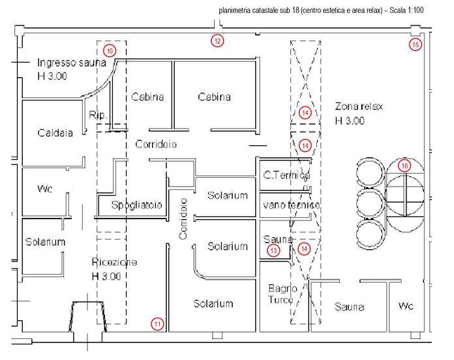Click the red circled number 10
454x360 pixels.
(110, 50)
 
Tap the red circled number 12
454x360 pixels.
(217, 41)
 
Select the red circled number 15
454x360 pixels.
(415, 44)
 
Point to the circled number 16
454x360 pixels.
(405, 166)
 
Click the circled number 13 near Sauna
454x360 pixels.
(274, 250)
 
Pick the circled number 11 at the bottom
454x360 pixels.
(157, 323)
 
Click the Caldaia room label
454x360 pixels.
(55, 132)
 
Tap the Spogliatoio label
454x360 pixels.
(136, 205)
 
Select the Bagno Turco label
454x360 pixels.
(283, 293)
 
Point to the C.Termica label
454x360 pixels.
(286, 175)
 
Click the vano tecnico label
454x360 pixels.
(290, 205)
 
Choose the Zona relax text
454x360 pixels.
(359, 106)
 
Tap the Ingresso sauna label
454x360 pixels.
(71, 63)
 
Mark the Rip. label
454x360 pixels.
(97, 115)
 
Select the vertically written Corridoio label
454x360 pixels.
(183, 218)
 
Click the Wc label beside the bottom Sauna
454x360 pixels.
(405, 306)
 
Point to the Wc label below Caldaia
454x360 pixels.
(45, 189)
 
